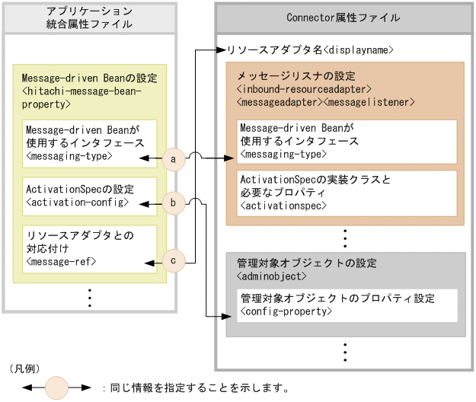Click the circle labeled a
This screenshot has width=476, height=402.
pos(174,159)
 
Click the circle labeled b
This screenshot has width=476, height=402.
pos(174,203)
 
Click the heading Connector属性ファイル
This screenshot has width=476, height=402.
pos(344,18)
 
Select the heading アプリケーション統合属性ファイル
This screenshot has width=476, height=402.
pos(89,18)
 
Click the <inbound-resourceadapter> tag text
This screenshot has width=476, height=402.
pos(304,89)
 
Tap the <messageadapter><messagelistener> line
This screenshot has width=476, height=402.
pos(326,101)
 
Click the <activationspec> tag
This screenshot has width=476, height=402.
pos(283,206)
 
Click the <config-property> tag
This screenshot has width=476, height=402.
pos(286,311)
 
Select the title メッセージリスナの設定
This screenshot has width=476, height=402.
pos(296,77)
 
